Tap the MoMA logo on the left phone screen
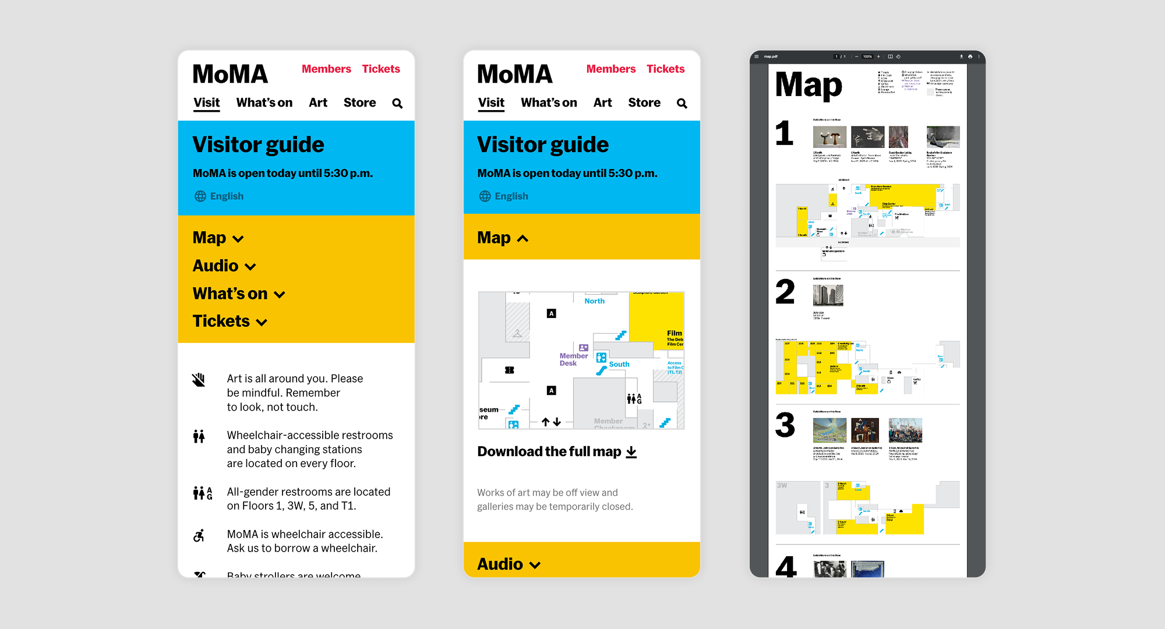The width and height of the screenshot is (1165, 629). (230, 75)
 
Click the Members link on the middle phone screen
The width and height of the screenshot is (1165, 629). (610, 69)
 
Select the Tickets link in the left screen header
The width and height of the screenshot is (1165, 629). (381, 69)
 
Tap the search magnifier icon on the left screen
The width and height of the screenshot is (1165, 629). (397, 104)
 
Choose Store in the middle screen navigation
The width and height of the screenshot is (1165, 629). (644, 103)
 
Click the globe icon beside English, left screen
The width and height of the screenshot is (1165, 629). (200, 196)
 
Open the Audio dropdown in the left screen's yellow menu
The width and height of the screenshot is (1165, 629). (224, 266)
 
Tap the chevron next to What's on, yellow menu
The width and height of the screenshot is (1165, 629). (280, 295)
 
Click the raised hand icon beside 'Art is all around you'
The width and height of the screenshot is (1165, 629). (199, 380)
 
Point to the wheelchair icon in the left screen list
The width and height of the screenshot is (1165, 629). (199, 535)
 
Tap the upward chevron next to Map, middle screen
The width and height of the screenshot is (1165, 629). (523, 239)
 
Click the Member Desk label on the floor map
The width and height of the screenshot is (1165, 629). (573, 359)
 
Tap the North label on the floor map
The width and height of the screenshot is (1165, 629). (594, 301)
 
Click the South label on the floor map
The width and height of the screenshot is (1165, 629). (619, 365)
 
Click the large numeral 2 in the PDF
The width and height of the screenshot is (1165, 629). (785, 292)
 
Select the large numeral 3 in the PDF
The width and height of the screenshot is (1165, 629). (785, 425)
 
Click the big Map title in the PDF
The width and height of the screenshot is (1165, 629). (809, 86)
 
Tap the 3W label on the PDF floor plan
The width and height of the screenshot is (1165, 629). (782, 485)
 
